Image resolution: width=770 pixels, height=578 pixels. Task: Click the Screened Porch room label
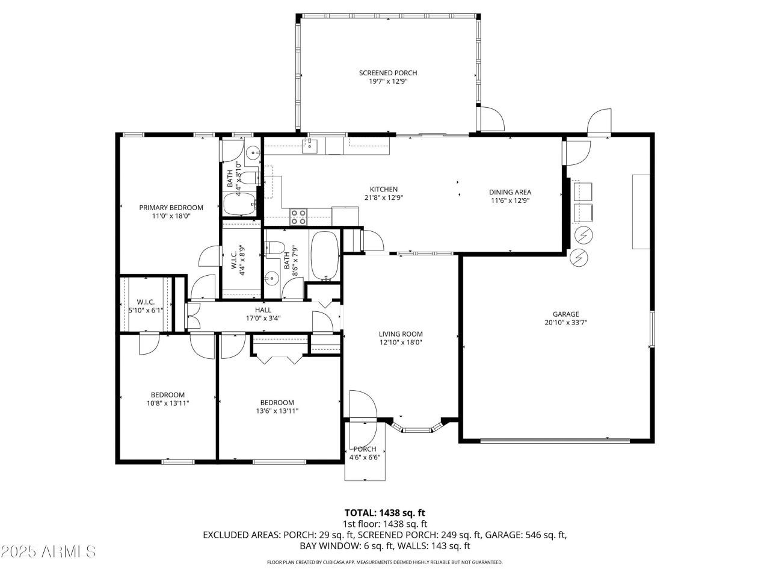point(388,73)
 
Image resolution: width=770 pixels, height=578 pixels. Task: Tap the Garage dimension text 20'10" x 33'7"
point(565,322)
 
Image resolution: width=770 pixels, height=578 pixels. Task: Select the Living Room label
point(401,334)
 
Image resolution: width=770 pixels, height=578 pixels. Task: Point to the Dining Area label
point(510,193)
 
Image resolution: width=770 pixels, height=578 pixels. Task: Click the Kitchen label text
point(384,189)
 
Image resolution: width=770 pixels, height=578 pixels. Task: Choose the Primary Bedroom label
point(171,208)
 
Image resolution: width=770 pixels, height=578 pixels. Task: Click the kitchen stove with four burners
point(298,217)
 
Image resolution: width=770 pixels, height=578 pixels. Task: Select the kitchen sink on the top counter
point(310,144)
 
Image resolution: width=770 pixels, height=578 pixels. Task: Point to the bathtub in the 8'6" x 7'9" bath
point(325,256)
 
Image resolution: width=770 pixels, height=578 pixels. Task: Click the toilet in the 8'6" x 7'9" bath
point(276,248)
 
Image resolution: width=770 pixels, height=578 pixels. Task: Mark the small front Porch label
point(365,449)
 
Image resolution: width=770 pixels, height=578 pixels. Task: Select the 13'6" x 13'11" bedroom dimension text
point(277,411)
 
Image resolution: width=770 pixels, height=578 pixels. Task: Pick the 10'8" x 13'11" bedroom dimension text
point(168,403)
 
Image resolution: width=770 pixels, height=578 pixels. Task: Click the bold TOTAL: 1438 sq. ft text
point(385,513)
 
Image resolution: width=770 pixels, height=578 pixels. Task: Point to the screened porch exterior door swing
point(490,118)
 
